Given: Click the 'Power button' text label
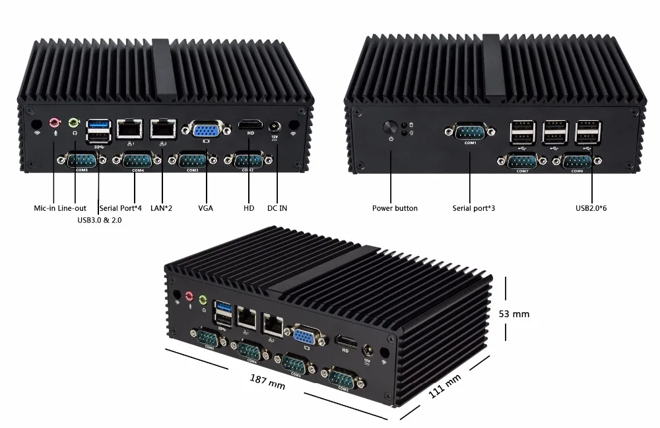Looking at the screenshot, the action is (x=395, y=209).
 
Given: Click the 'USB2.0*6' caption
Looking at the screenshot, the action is (x=591, y=209).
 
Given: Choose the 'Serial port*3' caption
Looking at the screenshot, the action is (x=474, y=209).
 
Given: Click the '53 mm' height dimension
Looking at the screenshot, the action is (x=513, y=314).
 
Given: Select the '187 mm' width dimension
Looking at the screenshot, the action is (x=267, y=381).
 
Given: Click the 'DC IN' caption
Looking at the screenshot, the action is (x=277, y=209).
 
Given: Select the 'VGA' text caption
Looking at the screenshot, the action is (x=205, y=209).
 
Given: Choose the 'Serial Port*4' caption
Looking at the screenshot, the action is (x=120, y=209).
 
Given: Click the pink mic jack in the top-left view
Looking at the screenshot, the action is (x=55, y=122).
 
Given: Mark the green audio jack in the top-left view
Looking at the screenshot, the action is (x=74, y=122).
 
